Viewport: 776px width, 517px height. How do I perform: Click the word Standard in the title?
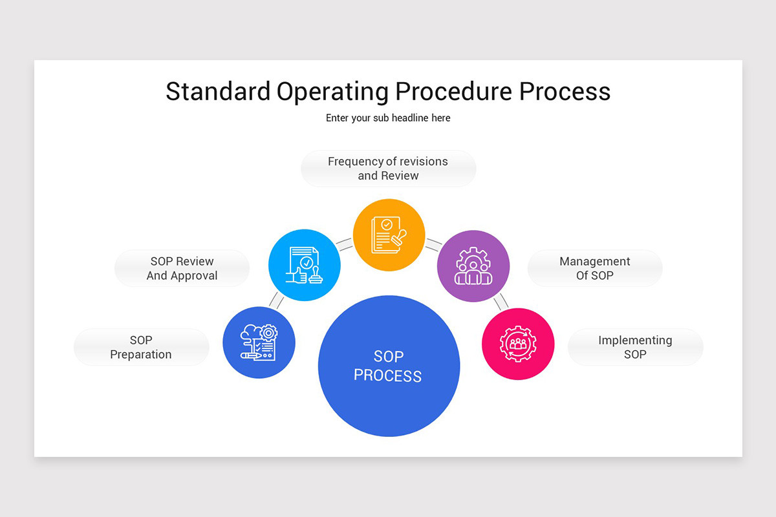(218, 91)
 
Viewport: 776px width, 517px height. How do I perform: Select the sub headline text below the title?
(388, 118)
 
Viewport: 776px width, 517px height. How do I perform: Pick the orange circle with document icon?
(389, 235)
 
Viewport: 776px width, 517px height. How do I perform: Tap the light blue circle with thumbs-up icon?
(305, 265)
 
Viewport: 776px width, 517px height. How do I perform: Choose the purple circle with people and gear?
(473, 266)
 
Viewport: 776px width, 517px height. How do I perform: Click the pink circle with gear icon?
(518, 344)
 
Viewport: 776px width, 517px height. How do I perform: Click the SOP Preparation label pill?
(141, 347)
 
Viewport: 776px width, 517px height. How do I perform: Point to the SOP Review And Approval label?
(182, 268)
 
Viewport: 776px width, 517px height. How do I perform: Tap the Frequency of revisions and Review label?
(388, 169)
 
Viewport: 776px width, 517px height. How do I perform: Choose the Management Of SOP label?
(595, 268)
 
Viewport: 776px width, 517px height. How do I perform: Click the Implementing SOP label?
(635, 347)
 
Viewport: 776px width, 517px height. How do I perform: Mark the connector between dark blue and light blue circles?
(277, 300)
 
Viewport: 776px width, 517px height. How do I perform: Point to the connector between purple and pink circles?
(501, 301)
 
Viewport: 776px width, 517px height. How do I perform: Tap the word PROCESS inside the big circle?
(388, 375)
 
